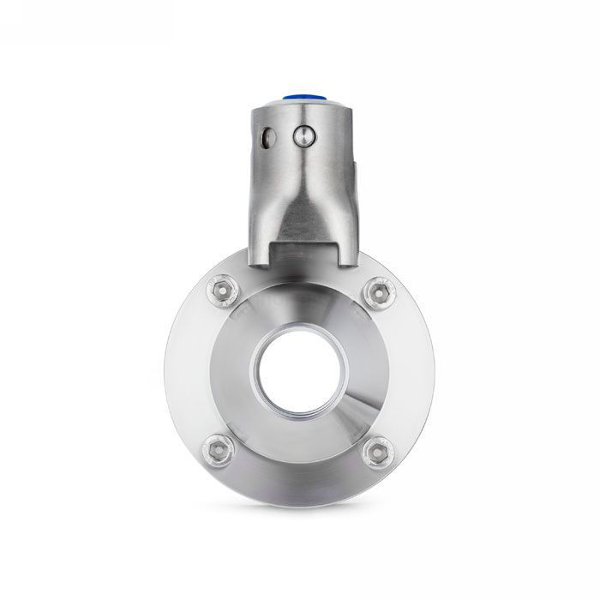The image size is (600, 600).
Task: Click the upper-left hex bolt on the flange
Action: click(x=222, y=291)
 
